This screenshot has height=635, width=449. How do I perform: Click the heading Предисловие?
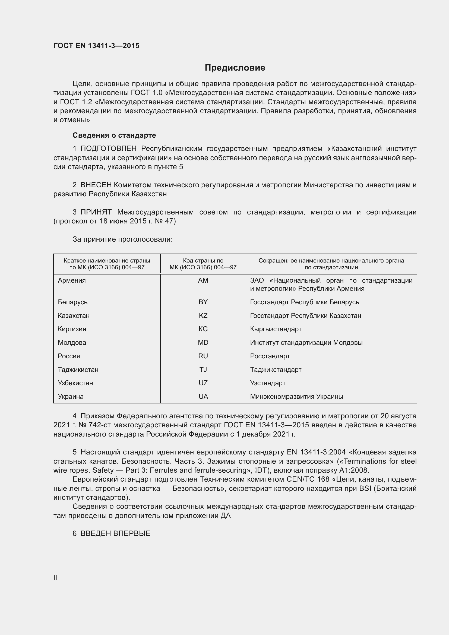pos(235,68)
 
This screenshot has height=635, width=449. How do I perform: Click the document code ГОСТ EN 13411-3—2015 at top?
pos(96,46)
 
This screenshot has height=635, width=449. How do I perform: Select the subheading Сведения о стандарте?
pos(114,135)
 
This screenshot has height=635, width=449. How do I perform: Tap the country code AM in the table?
pos(203,280)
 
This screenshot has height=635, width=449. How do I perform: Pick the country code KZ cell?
pos(203,315)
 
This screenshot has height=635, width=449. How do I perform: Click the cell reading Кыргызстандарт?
pos(276,329)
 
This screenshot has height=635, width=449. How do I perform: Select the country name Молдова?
pos(72,342)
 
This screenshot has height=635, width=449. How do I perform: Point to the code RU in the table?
pos(203,356)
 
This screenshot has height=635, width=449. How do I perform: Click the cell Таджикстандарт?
pos(276,369)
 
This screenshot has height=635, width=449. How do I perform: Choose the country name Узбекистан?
pos(75,383)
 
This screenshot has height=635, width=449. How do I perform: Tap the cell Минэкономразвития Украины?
pos(296,396)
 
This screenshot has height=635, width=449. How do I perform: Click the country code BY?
pos(203,302)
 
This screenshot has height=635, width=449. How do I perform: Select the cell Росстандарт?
pos(270,356)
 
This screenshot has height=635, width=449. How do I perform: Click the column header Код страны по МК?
pos(203,264)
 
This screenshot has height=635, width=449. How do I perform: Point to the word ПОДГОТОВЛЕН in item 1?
pos(108,149)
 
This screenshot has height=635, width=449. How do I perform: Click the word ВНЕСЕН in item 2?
pos(96,185)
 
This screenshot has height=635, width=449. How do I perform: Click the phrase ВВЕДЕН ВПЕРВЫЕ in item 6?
pos(115,533)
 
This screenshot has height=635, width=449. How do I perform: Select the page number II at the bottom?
pos(55,577)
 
